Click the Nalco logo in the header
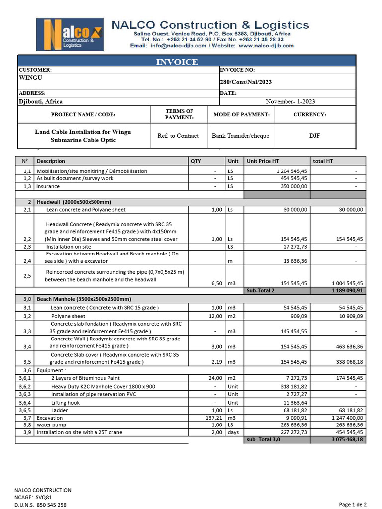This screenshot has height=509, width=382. coord(70,35)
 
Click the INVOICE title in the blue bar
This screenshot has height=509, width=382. coord(177,62)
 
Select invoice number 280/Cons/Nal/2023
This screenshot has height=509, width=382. coord(246,82)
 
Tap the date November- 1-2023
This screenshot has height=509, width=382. coord(290,101)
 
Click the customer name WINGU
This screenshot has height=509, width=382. coord(31,78)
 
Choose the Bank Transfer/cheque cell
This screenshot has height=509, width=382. coord(240,136)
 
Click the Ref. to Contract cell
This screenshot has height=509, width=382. coord(178,136)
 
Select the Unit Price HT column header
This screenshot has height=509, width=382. coord(263,161)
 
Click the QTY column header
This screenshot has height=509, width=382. coord(196,161)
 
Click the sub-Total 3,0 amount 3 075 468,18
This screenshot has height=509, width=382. coord(347,440)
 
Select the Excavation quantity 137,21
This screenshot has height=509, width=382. coord(213,418)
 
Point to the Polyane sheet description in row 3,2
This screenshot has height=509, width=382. coord(68,316)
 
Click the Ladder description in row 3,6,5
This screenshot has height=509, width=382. coord(60,411)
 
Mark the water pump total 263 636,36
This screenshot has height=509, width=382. coord(347,425)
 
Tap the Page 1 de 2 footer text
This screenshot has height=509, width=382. coord(353,504)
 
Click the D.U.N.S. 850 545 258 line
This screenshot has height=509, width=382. coord(40,505)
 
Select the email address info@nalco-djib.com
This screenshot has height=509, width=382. coord(178,45)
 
